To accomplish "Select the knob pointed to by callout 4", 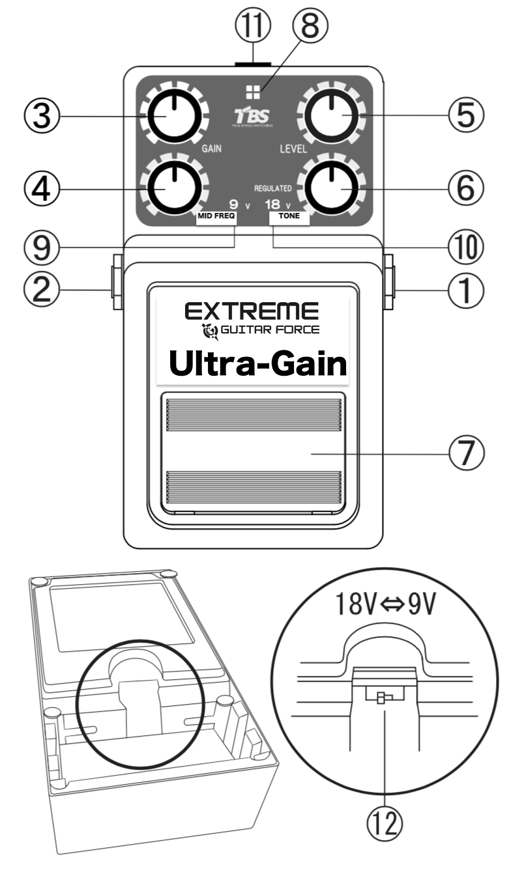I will point(173,186).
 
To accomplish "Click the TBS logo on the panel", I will point(252,117).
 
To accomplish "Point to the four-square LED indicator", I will point(252,91).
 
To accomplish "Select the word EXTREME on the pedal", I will point(252,311).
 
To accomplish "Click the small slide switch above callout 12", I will point(385,698).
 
